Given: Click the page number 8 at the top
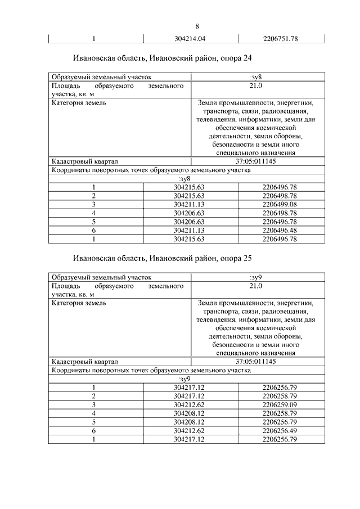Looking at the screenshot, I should pyautogui.click(x=197, y=26).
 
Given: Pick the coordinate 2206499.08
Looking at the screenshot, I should pyautogui.click(x=280, y=204).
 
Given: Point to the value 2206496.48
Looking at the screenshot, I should pyautogui.click(x=280, y=230).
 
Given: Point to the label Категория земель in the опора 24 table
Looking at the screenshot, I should pyautogui.click(x=79, y=103).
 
